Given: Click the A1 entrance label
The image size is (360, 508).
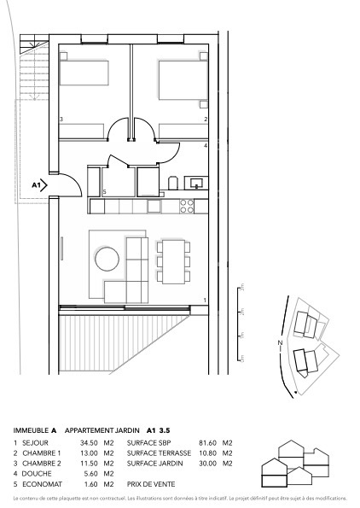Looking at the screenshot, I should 37,184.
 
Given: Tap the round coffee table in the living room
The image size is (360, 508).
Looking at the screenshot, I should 107,258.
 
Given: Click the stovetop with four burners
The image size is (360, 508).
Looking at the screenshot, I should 187,206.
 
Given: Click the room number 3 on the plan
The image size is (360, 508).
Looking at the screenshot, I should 61,120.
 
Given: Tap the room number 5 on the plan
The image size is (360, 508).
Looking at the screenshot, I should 104,193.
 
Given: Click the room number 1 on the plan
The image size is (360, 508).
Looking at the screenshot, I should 206,300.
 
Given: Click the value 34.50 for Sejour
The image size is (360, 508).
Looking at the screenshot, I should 89,443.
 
